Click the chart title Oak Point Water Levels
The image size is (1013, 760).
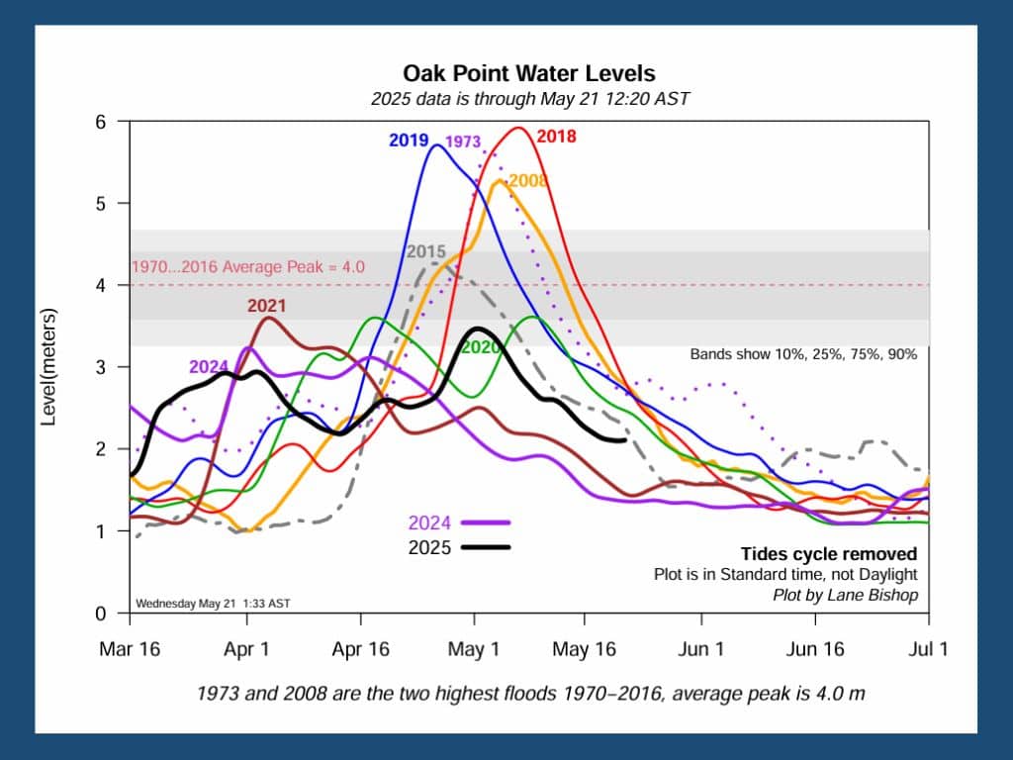click(528, 74)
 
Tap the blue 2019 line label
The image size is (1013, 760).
click(408, 141)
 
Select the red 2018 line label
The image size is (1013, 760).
click(556, 137)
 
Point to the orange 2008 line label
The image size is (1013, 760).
click(528, 181)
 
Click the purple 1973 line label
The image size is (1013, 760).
click(463, 142)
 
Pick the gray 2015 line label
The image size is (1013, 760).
click(425, 251)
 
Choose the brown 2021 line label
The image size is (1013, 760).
click(265, 306)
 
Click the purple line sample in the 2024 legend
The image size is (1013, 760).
click(484, 522)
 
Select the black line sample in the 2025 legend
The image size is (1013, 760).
click(484, 547)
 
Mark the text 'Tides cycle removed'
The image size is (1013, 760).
click(828, 554)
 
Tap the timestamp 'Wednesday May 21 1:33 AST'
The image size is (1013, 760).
click(213, 603)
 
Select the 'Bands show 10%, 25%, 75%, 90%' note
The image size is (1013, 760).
click(803, 353)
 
